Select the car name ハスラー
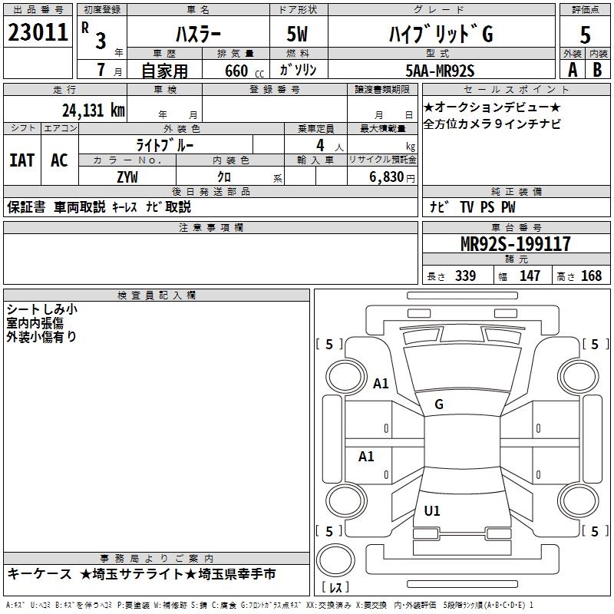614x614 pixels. pos(196,35)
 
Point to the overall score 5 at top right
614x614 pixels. pos(586,35)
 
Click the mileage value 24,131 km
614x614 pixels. pos(92,110)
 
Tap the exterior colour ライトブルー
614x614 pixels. pos(165,144)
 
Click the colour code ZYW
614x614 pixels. pos(127,177)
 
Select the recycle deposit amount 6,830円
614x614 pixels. pos(391,177)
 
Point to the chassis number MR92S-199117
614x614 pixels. pos(515,244)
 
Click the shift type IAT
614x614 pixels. pos(21,160)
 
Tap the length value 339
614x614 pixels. pos(465,276)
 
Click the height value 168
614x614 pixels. pos(591,276)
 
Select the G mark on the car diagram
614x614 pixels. pos(439,404)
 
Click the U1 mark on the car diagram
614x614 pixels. pos(432,511)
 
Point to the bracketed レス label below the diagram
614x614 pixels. pos(335,588)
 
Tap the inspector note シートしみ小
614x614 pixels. pos(41,309)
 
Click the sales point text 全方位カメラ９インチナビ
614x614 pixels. pos(492,124)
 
